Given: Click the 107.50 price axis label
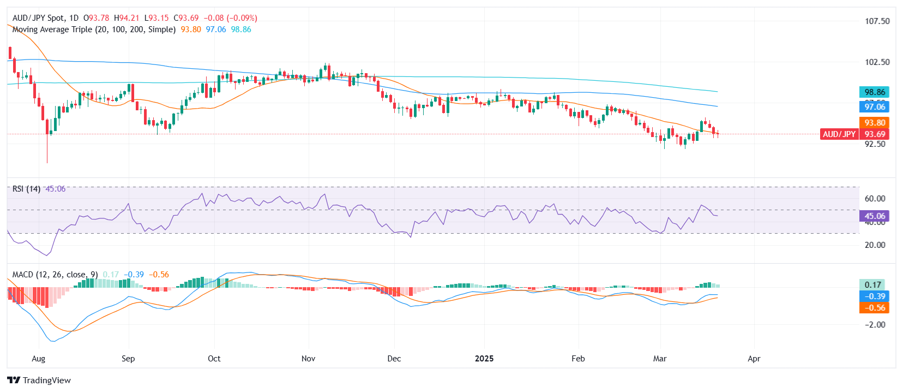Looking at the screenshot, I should click(877, 21).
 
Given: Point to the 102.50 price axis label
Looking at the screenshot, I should click(877, 62).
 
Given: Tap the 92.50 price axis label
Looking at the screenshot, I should click(875, 144).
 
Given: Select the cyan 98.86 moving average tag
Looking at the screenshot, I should click(874, 92).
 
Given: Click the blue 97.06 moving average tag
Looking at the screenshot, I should click(874, 107).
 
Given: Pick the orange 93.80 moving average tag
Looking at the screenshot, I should click(874, 123).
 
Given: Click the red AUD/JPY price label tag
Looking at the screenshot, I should click(839, 134).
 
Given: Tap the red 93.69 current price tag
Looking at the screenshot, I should click(874, 134).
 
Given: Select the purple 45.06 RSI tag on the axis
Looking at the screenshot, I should click(874, 216).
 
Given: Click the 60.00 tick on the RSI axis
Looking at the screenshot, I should click(875, 199).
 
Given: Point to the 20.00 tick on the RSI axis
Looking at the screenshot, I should click(875, 245).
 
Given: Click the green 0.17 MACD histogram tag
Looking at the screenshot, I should click(873, 284).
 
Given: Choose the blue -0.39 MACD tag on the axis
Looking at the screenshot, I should click(874, 296).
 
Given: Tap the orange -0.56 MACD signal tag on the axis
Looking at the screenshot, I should click(874, 308).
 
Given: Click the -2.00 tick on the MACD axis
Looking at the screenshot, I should click(875, 325).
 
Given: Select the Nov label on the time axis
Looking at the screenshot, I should click(308, 359).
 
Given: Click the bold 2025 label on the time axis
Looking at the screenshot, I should click(484, 359).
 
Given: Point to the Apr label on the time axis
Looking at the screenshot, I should click(754, 359).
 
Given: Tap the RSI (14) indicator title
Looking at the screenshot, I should click(26, 189).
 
